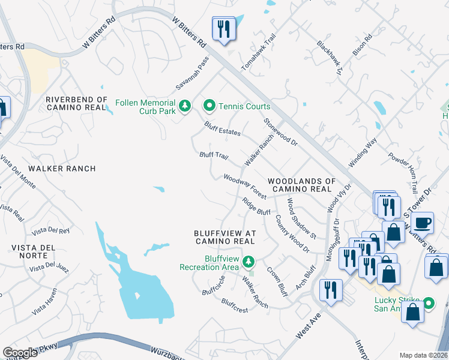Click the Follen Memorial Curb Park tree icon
point(186,106)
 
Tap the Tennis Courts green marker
point(209,106)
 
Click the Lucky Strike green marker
point(429,304)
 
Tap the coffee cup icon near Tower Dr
point(423,223)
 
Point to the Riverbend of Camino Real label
point(76,104)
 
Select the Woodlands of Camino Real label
point(301,185)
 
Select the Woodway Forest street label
point(244,186)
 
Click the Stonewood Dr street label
point(280,132)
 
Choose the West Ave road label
point(306,327)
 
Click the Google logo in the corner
point(20,353)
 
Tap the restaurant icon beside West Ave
point(330,290)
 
